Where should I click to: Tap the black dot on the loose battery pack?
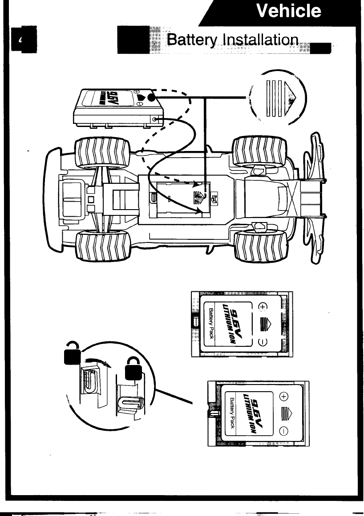click(151, 98)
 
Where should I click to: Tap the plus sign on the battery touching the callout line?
click(284, 397)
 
